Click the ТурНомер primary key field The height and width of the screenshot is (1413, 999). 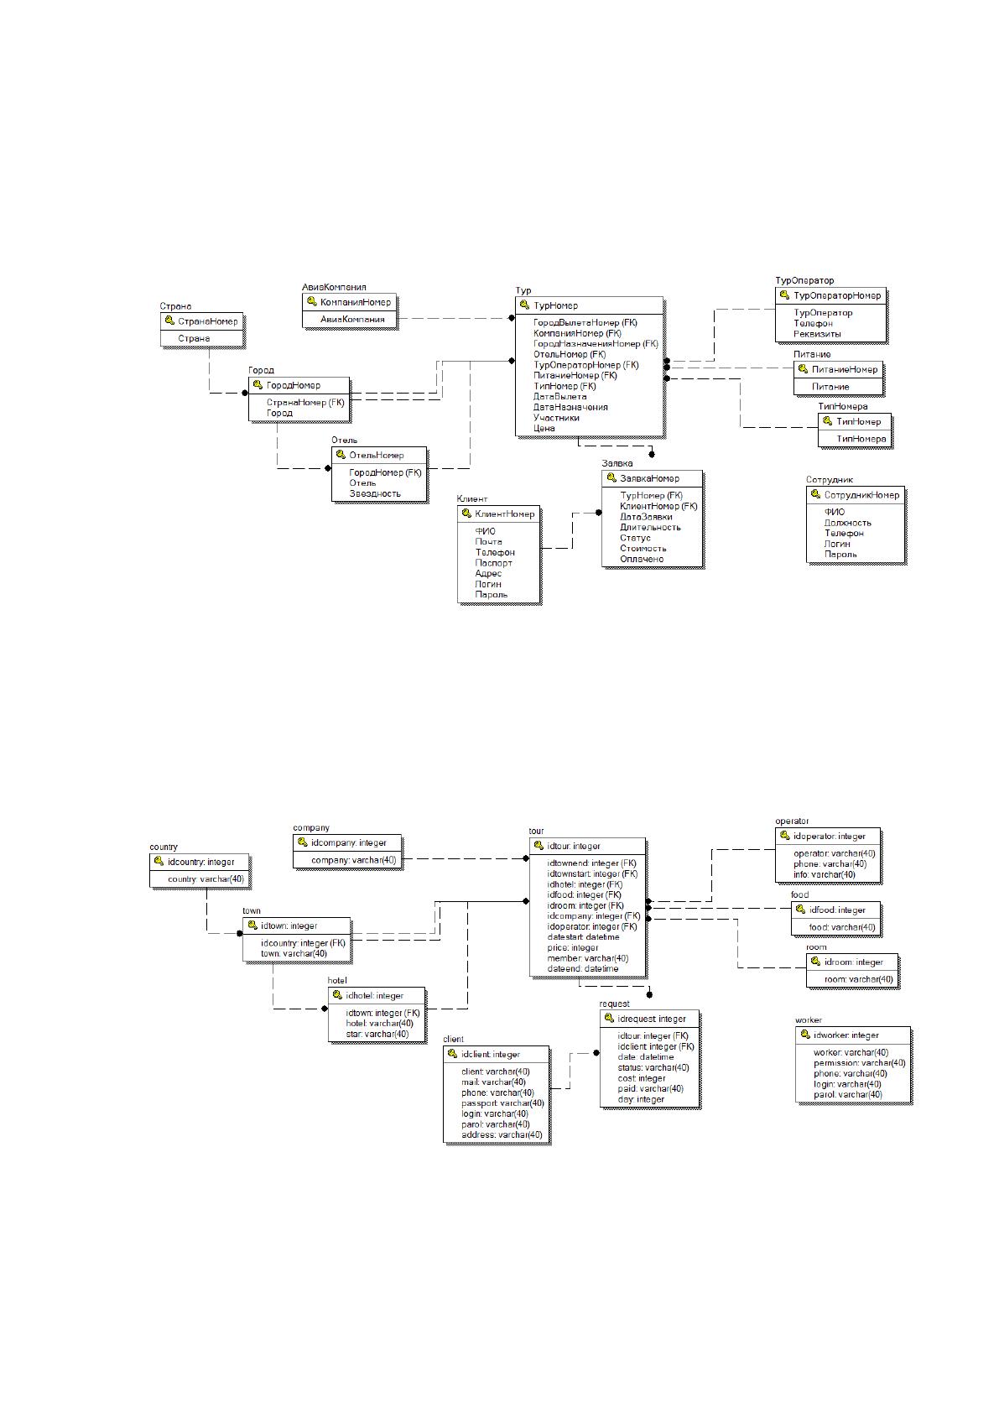(555, 305)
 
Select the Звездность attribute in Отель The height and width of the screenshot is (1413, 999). (375, 493)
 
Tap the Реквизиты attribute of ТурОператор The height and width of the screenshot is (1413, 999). (817, 334)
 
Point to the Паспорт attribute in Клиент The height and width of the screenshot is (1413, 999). (493, 563)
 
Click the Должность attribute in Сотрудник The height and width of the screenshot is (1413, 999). (847, 522)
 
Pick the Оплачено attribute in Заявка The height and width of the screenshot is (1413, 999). (642, 559)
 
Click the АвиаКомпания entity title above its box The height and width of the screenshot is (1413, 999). (334, 287)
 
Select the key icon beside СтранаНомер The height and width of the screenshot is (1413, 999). (169, 321)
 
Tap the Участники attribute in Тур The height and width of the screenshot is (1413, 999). (555, 418)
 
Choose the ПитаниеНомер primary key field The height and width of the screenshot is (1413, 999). (845, 370)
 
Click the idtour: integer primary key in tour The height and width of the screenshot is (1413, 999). (573, 846)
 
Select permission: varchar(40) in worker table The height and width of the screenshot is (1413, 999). (859, 1063)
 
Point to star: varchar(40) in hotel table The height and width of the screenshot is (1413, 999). (377, 1034)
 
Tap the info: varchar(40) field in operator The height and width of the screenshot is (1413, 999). (825, 874)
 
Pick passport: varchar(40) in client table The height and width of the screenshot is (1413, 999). (502, 1103)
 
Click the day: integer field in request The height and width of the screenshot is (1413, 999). (641, 1099)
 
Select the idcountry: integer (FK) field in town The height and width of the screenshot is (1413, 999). (304, 943)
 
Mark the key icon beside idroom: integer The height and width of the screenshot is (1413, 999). (815, 962)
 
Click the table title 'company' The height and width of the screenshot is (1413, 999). (311, 827)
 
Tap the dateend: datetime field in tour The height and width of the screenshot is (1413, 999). (583, 968)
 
